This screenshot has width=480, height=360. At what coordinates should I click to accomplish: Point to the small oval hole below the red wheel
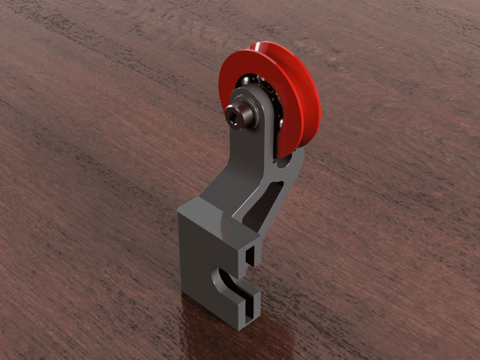click(x=283, y=163)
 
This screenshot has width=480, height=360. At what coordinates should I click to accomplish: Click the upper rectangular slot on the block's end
click(x=251, y=255)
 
